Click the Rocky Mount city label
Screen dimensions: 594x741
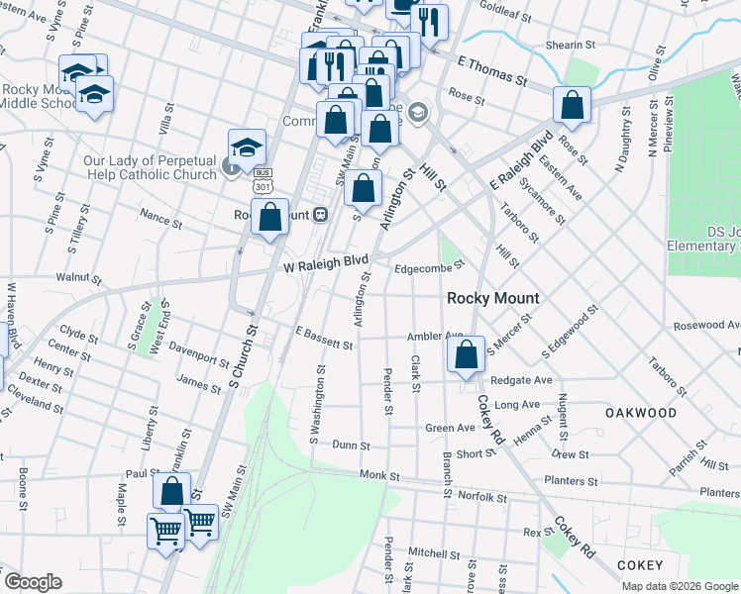492,298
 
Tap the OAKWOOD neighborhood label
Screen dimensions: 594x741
641,413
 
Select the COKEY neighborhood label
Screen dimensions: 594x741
639,565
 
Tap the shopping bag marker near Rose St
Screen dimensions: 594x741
573,105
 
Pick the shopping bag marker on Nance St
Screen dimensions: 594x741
269,217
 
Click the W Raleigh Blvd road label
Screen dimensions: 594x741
326,263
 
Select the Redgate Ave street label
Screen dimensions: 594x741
521,380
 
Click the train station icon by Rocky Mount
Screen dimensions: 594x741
320,215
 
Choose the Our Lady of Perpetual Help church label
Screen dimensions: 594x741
149,167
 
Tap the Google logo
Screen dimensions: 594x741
33,582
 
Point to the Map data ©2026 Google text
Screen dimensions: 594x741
680,586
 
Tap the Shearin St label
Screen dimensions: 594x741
570,46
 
